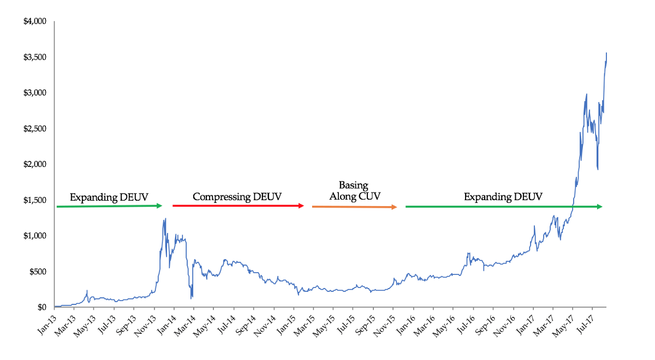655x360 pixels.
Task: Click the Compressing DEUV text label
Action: click(x=237, y=197)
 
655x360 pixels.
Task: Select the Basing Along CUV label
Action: click(x=355, y=191)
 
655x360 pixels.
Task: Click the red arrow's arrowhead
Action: click(x=302, y=206)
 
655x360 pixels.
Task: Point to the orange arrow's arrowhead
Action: click(x=395, y=207)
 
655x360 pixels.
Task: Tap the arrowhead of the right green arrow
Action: click(x=599, y=206)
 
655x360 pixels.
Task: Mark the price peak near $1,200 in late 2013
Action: click(x=165, y=219)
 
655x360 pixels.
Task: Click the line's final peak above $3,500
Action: click(x=606, y=53)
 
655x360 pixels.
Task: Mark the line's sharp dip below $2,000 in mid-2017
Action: click(x=598, y=169)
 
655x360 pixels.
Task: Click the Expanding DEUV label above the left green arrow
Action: click(x=109, y=197)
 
